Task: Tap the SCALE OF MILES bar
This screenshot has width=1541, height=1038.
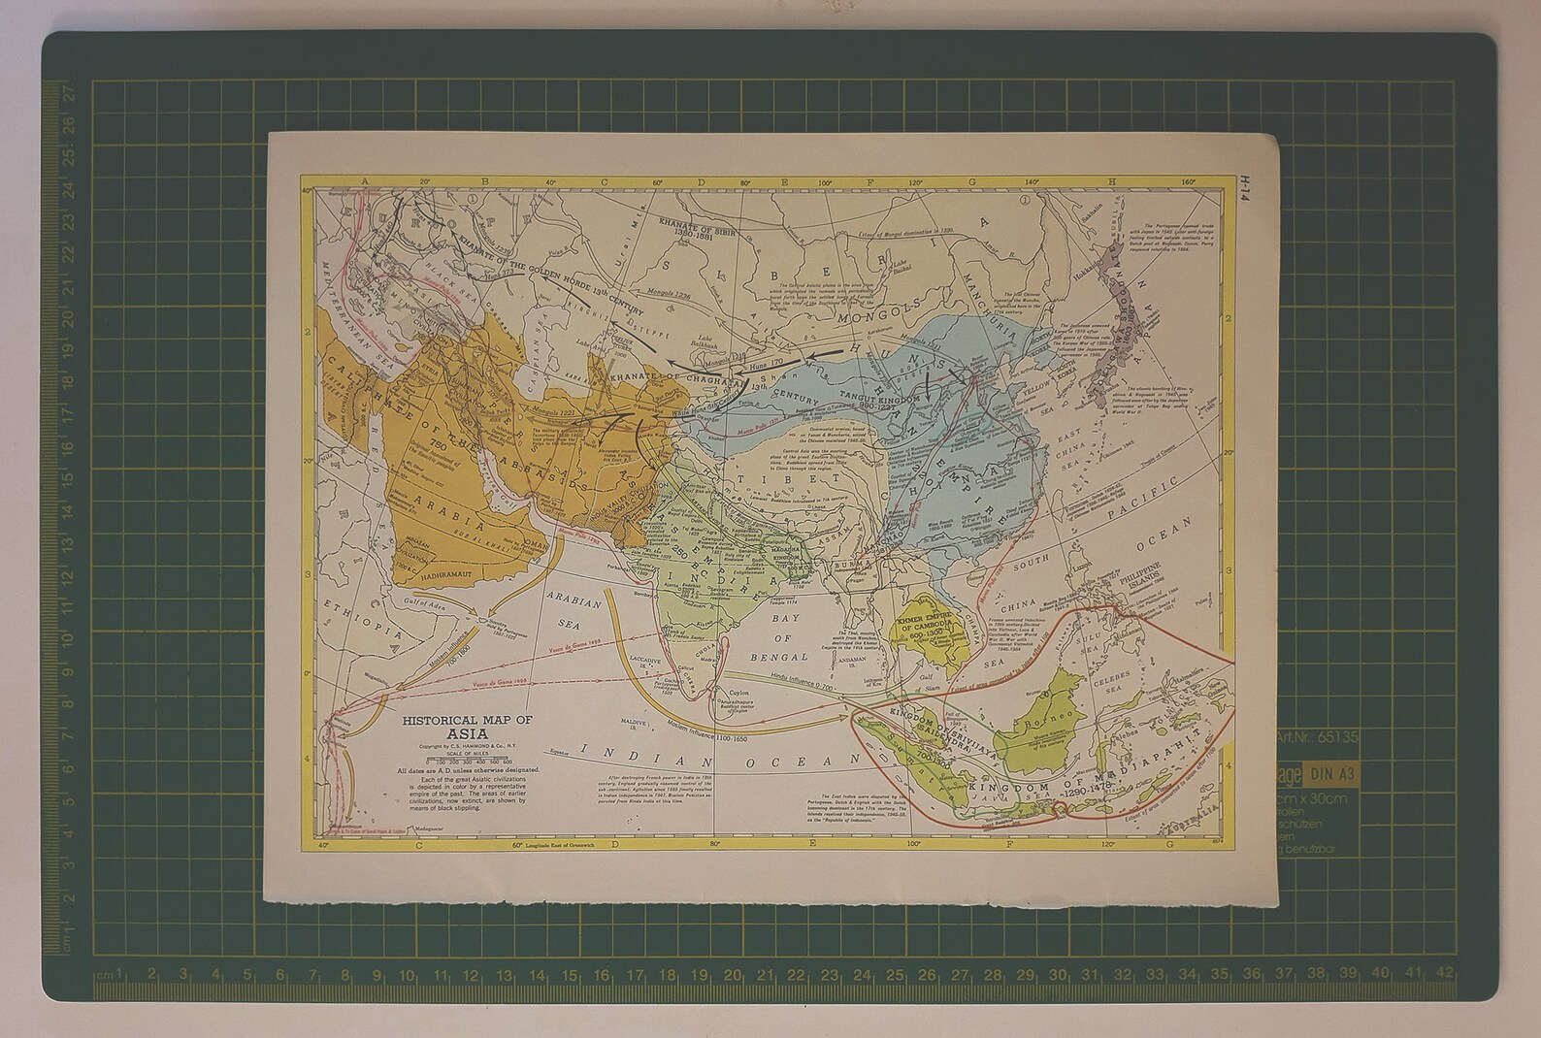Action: coord(468,760)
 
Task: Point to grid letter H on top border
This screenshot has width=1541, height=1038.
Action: coord(1114,180)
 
